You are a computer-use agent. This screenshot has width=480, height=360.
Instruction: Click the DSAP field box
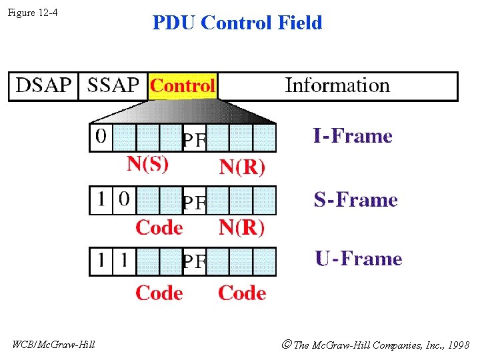[43, 86]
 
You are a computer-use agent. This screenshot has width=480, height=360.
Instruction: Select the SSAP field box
[113, 86]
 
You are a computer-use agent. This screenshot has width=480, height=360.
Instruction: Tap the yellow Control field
[183, 86]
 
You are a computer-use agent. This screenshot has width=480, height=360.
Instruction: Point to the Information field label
[337, 85]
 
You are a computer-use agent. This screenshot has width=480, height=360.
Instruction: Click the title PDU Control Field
[237, 23]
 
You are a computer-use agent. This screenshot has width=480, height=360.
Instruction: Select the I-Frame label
[353, 137]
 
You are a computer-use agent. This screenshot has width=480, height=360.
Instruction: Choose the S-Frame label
[355, 200]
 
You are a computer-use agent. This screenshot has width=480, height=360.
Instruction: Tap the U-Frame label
[359, 259]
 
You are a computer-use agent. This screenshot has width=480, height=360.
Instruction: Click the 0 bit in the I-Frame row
[101, 137]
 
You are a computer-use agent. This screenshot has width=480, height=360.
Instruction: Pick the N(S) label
[148, 164]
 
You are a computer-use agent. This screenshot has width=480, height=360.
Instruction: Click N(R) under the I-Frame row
[242, 167]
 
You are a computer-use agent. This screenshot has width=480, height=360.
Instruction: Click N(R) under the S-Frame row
[242, 228]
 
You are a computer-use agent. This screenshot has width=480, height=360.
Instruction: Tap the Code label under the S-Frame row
[159, 228]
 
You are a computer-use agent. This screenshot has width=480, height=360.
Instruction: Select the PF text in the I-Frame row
[194, 140]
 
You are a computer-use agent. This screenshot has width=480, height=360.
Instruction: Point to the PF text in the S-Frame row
[194, 202]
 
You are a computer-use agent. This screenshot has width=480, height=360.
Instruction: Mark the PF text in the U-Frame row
[194, 263]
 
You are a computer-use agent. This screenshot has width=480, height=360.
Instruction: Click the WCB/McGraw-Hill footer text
[54, 345]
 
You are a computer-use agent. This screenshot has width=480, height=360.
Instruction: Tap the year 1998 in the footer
[459, 345]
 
